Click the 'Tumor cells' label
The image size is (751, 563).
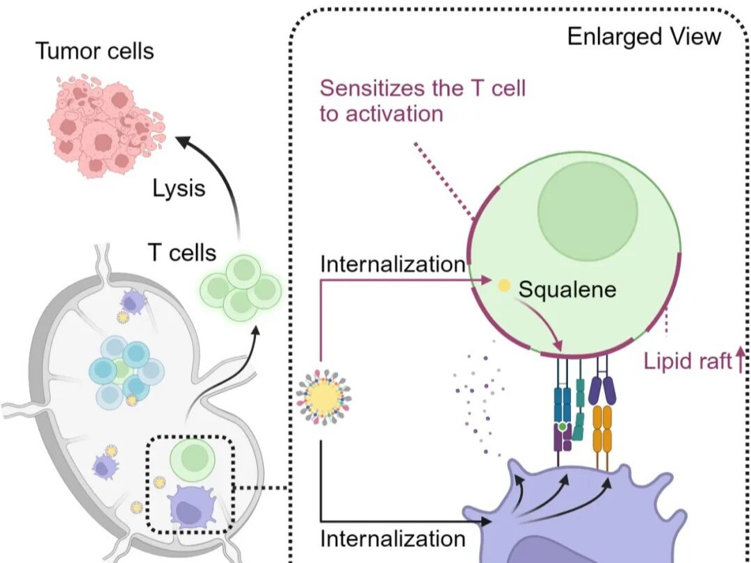click(95, 51)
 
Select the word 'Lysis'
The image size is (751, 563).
click(179, 187)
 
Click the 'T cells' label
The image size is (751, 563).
click(181, 252)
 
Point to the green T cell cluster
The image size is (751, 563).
click(241, 286)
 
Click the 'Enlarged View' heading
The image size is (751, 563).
click(644, 36)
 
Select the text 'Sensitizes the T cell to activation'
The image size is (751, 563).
click(422, 100)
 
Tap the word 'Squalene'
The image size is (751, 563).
click(567, 288)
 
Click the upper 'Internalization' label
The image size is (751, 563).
click(392, 264)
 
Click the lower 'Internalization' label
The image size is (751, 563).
click(392, 538)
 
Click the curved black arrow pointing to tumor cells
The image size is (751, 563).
click(223, 181)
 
